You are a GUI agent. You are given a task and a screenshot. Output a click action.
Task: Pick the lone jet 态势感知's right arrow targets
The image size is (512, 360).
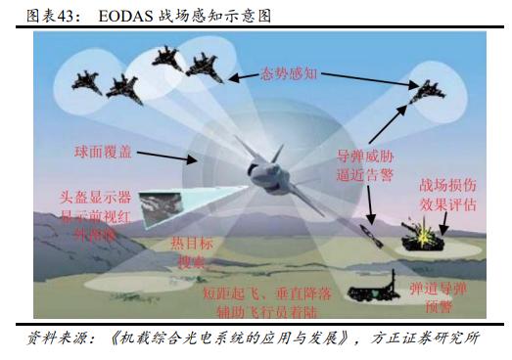(x=432, y=93)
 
